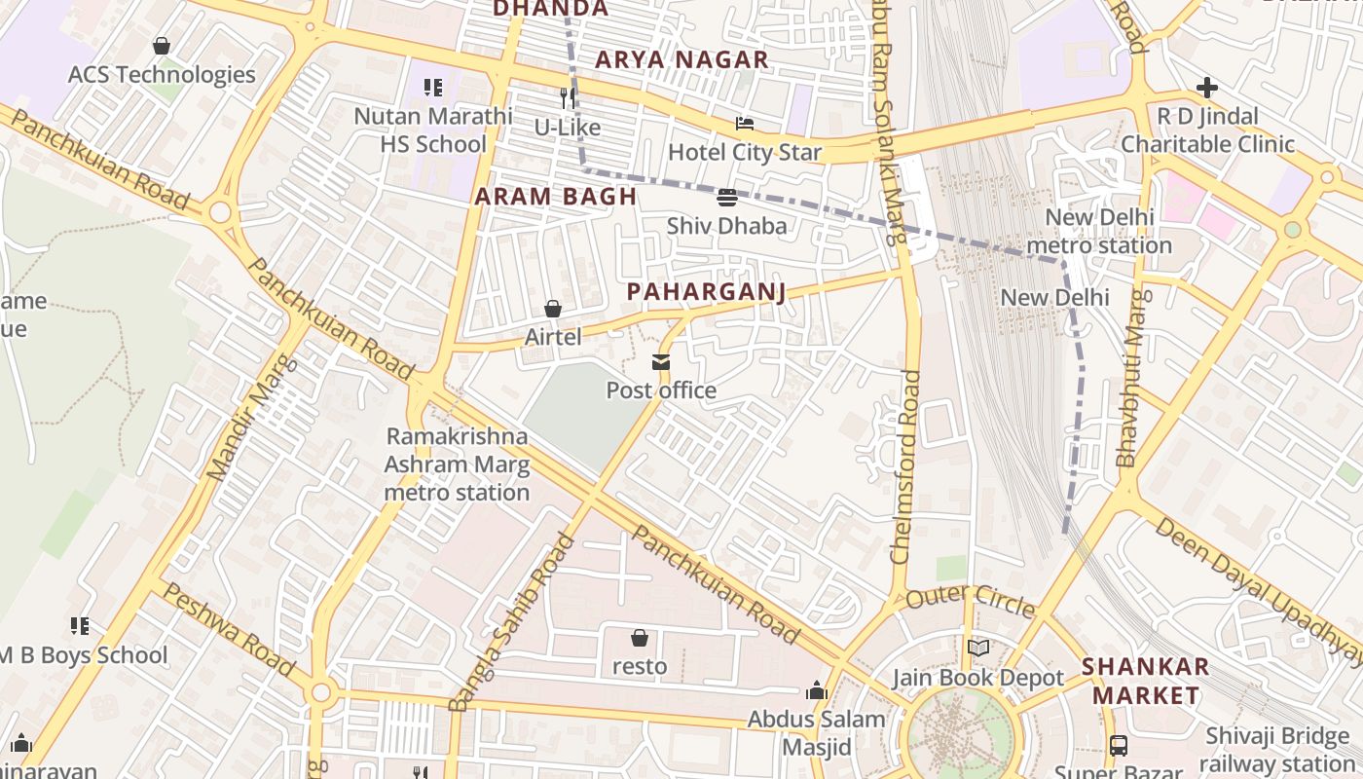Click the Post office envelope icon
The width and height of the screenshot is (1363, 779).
click(661, 363)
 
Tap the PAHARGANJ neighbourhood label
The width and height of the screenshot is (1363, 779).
click(706, 292)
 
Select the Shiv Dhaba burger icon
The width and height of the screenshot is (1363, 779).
click(726, 199)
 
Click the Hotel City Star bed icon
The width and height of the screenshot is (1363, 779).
click(745, 124)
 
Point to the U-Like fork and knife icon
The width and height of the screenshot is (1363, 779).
click(568, 98)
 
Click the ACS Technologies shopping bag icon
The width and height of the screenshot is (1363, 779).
click(162, 46)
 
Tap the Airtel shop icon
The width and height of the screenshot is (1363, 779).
click(553, 310)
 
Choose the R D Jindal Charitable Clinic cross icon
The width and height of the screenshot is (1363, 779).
click(1207, 89)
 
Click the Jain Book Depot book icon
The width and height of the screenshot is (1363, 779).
click(978, 649)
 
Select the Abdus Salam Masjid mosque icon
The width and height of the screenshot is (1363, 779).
click(817, 691)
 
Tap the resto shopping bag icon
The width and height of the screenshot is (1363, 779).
click(640, 639)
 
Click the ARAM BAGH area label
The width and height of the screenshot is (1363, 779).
click(555, 197)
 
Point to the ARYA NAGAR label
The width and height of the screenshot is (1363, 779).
click(681, 59)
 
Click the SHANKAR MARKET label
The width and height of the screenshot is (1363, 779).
click(1146, 681)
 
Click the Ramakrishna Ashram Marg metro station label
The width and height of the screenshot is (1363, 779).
click(457, 464)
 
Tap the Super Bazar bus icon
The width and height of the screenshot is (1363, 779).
click(1119, 747)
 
